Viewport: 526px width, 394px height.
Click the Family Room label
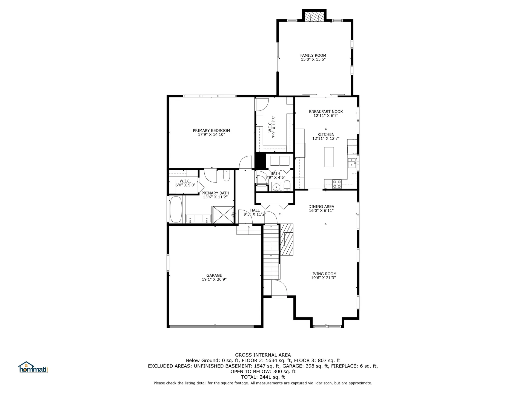(313, 56)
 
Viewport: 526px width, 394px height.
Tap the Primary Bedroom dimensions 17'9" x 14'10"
(211, 135)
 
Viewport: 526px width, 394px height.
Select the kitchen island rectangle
(329, 157)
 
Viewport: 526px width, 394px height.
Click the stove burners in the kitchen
(337, 184)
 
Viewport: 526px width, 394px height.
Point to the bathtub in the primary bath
(176, 209)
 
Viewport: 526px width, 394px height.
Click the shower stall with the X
(223, 215)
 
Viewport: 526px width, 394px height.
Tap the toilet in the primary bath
(227, 176)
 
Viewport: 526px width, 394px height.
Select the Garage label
(214, 276)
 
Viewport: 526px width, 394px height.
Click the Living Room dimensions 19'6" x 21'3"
(323, 278)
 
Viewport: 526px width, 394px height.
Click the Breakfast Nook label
(326, 112)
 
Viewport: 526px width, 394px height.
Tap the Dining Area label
(321, 207)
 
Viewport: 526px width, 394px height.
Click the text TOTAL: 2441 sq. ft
(263, 377)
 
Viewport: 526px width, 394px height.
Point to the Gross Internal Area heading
(263, 355)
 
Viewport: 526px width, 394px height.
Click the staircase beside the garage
(271, 252)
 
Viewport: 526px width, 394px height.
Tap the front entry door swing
(279, 288)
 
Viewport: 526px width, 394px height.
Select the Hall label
(255, 210)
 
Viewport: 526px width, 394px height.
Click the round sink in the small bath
(277, 187)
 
